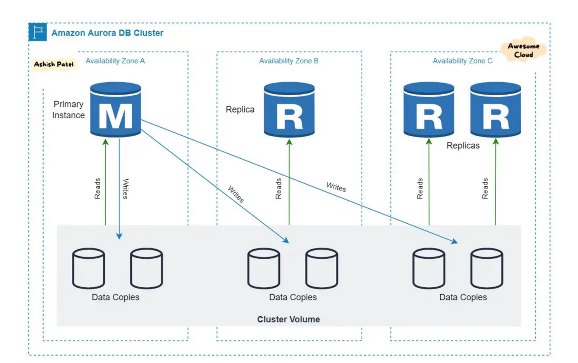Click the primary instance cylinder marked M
pyautogui.click(x=116, y=110)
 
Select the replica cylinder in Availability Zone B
pyautogui.click(x=289, y=110)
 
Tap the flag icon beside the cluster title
pyautogui.click(x=37, y=32)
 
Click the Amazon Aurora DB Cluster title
pyautogui.click(x=107, y=33)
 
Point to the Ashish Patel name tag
pyautogui.click(x=54, y=64)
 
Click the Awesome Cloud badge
pyautogui.click(x=523, y=51)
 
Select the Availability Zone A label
pyautogui.click(x=115, y=61)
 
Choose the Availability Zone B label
pyautogui.click(x=289, y=61)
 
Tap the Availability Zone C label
pyautogui.click(x=462, y=61)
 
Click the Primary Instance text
pyautogui.click(x=69, y=110)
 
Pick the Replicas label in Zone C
pyautogui.click(x=463, y=146)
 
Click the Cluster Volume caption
pyautogui.click(x=289, y=319)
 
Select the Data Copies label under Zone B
pyautogui.click(x=293, y=297)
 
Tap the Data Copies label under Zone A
pyautogui.click(x=116, y=297)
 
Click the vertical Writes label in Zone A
pyautogui.click(x=126, y=189)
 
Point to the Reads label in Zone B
pyautogui.click(x=279, y=188)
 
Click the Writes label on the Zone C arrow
pyautogui.click(x=336, y=186)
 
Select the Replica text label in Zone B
pyautogui.click(x=240, y=110)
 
